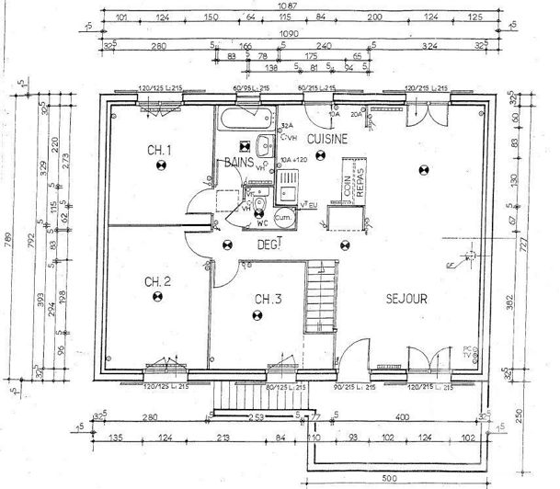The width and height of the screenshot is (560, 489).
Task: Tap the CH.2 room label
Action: click(157, 282)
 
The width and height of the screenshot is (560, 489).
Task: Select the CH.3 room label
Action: click(268, 299)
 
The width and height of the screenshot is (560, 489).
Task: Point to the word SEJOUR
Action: click(406, 299)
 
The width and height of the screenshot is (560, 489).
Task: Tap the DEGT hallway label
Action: click(268, 244)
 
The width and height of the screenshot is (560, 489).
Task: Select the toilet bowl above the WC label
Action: click(259, 205)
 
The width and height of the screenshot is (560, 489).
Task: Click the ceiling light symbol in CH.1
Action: click(160, 166)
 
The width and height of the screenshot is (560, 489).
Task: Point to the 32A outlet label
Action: click(286, 126)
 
